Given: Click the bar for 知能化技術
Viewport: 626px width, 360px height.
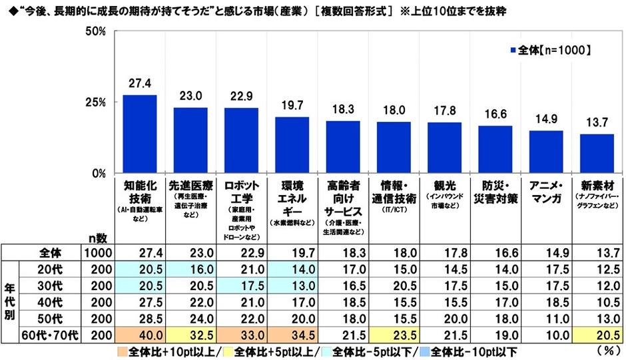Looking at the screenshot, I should coord(140,134).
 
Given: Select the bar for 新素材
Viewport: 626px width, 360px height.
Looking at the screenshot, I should coord(596,153).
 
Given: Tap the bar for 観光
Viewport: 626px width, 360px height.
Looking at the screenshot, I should coord(444,147).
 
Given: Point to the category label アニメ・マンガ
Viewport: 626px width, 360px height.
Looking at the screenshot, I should coord(545,190).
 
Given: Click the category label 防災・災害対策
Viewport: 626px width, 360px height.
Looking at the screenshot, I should coord(495,190).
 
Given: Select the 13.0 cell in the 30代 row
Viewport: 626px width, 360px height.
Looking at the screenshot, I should coord(292,285).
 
